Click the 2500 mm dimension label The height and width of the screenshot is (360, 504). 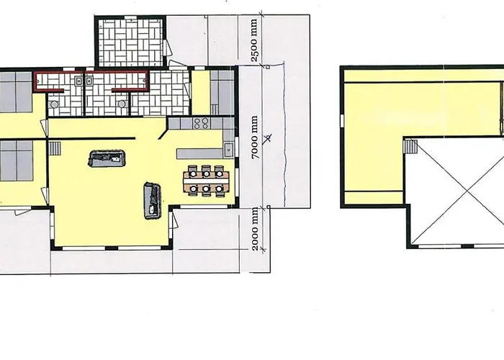tap(254, 40)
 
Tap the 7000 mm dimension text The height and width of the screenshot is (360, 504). tap(255, 138)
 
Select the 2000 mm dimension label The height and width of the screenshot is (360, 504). tap(255, 228)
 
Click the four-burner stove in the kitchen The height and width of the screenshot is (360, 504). tap(201, 123)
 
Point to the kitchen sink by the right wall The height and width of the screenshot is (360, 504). tap(228, 150)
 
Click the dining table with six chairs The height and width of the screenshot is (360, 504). tap(206, 180)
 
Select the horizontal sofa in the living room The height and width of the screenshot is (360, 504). tap(106, 158)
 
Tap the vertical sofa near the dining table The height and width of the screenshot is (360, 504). tap(152, 201)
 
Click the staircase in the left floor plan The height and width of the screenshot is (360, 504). tap(55, 148)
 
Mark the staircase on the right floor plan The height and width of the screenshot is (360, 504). tap(410, 146)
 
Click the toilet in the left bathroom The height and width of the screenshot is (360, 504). tap(55, 104)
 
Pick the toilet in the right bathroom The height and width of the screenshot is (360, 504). tap(122, 104)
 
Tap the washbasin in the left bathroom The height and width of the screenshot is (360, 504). tap(78, 81)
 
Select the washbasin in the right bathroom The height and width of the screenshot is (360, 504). tap(89, 81)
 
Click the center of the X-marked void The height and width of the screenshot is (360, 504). tap(467, 192)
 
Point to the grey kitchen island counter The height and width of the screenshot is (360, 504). tap(199, 153)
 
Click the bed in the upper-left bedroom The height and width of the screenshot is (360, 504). tap(15, 92)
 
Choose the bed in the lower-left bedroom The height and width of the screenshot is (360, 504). tap(16, 161)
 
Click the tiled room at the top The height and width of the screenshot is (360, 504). tap(130, 42)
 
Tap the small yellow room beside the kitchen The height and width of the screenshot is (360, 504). tap(201, 93)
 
